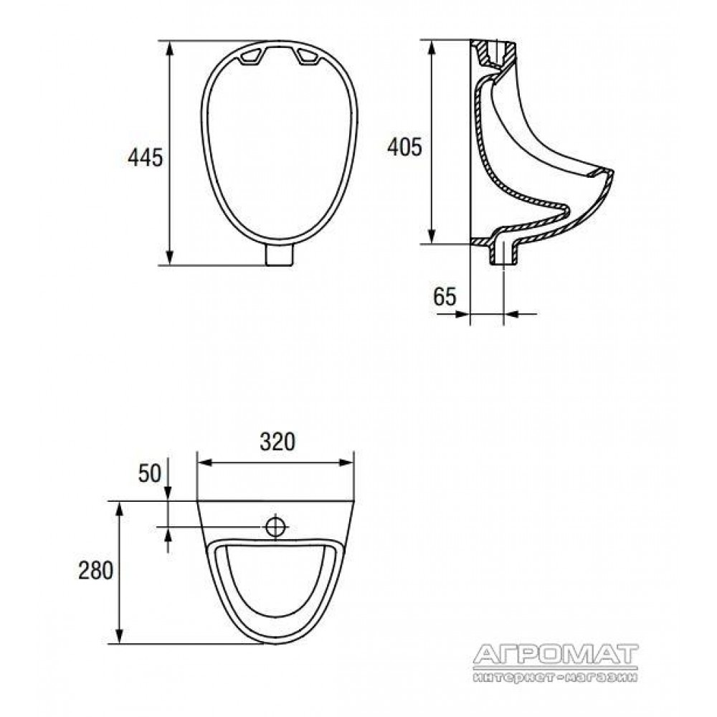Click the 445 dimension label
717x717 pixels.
(146, 158)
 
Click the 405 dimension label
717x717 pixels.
(404, 147)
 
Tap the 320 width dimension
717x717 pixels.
(277, 442)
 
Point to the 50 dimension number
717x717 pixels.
(150, 473)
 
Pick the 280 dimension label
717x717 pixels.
(95, 571)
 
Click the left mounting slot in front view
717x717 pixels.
(250, 57)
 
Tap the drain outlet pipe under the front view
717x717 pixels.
(280, 255)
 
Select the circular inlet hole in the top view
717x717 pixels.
(276, 527)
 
